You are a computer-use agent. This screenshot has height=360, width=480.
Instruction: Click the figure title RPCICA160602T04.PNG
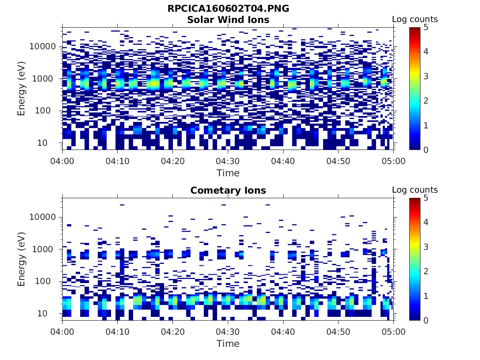(228, 9)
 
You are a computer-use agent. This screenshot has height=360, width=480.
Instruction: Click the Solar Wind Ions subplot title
(228, 20)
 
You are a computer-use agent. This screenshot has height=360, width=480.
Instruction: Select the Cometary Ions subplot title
(228, 190)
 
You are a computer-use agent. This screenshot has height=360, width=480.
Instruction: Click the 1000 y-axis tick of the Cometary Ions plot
(45, 249)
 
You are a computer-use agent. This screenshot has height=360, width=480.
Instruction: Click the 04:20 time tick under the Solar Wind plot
(172, 161)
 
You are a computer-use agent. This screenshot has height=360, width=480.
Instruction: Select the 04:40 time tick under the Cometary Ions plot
(283, 332)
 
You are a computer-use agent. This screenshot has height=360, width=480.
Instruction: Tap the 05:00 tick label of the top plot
(393, 161)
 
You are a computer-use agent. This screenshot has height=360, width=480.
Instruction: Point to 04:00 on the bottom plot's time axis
(62, 332)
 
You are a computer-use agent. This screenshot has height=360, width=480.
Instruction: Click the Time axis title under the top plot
(228, 173)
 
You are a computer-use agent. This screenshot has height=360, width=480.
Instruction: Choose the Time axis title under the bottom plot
(228, 344)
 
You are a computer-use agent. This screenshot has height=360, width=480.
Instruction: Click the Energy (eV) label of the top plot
(22, 88)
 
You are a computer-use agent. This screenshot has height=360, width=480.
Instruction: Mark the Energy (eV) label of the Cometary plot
(22, 259)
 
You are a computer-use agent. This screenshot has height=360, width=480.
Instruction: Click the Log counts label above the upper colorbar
(414, 20)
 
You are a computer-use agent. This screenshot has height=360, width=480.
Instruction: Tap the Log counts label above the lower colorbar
(414, 190)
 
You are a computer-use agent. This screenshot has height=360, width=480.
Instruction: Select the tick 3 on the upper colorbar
(426, 76)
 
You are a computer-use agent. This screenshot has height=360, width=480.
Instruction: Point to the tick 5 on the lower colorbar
(426, 198)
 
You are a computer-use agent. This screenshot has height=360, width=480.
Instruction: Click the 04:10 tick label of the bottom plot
(117, 332)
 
